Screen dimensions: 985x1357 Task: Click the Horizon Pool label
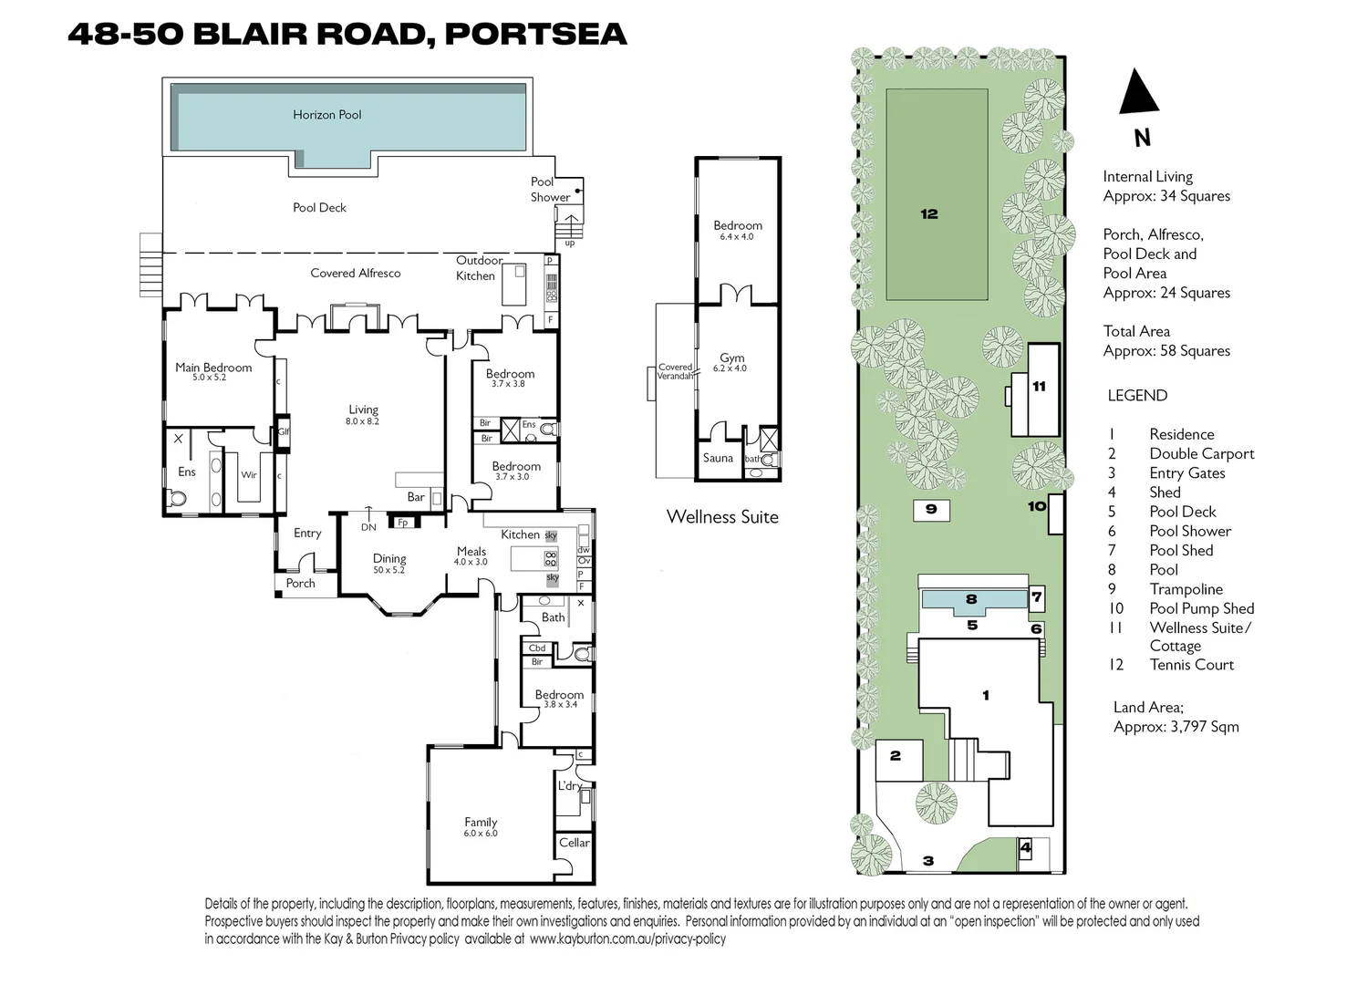coord(326,115)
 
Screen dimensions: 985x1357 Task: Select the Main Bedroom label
coord(213,368)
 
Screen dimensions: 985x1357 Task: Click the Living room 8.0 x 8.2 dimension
coord(362,422)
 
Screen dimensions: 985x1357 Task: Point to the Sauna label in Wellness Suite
coord(718,458)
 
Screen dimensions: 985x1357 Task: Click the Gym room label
coord(731,358)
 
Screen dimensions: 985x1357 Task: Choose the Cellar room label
coord(574,843)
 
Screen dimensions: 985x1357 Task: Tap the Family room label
coord(481,822)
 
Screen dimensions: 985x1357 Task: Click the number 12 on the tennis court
coord(928,214)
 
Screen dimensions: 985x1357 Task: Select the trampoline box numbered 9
coord(931,509)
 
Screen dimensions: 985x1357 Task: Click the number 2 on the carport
coord(895,755)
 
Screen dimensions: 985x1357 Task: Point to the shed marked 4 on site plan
coord(1025,848)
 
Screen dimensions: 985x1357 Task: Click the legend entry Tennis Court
coord(1191,665)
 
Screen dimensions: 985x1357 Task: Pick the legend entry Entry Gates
coord(1186,472)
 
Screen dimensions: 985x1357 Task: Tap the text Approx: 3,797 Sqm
coord(1176,727)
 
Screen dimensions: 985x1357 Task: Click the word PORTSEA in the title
coord(535,34)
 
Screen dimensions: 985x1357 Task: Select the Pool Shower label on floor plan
coord(550,189)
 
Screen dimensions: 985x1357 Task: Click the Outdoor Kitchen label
coord(477,268)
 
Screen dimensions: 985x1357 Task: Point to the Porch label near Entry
coord(300,583)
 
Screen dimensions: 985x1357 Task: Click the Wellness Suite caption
coord(722,517)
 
